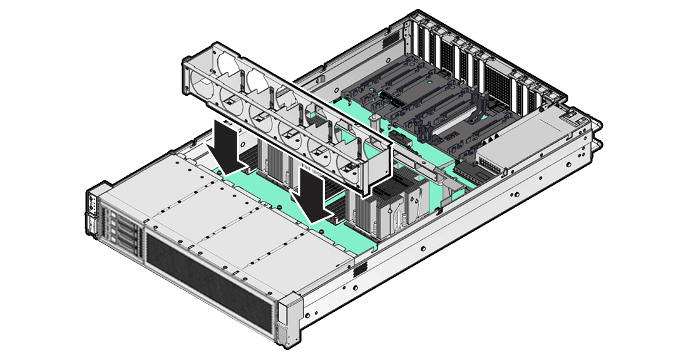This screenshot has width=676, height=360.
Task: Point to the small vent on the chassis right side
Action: pyautogui.click(x=359, y=270)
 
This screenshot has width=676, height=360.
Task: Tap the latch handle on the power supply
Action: pyautogui.click(x=573, y=116)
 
